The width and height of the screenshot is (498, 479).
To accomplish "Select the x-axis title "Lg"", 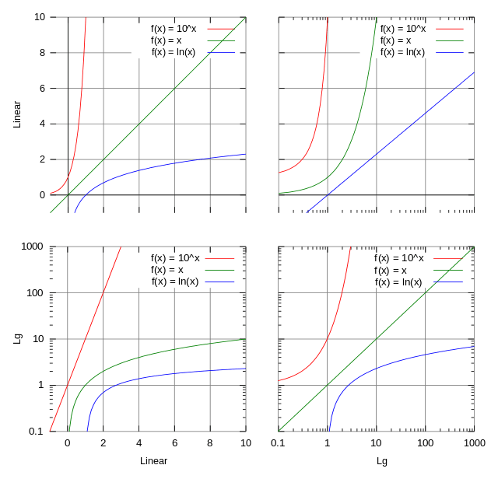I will [x=377, y=460].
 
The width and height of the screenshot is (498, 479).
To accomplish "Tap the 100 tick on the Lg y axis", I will [x=35, y=292].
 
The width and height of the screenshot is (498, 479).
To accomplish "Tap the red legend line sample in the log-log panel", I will [x=450, y=258].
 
